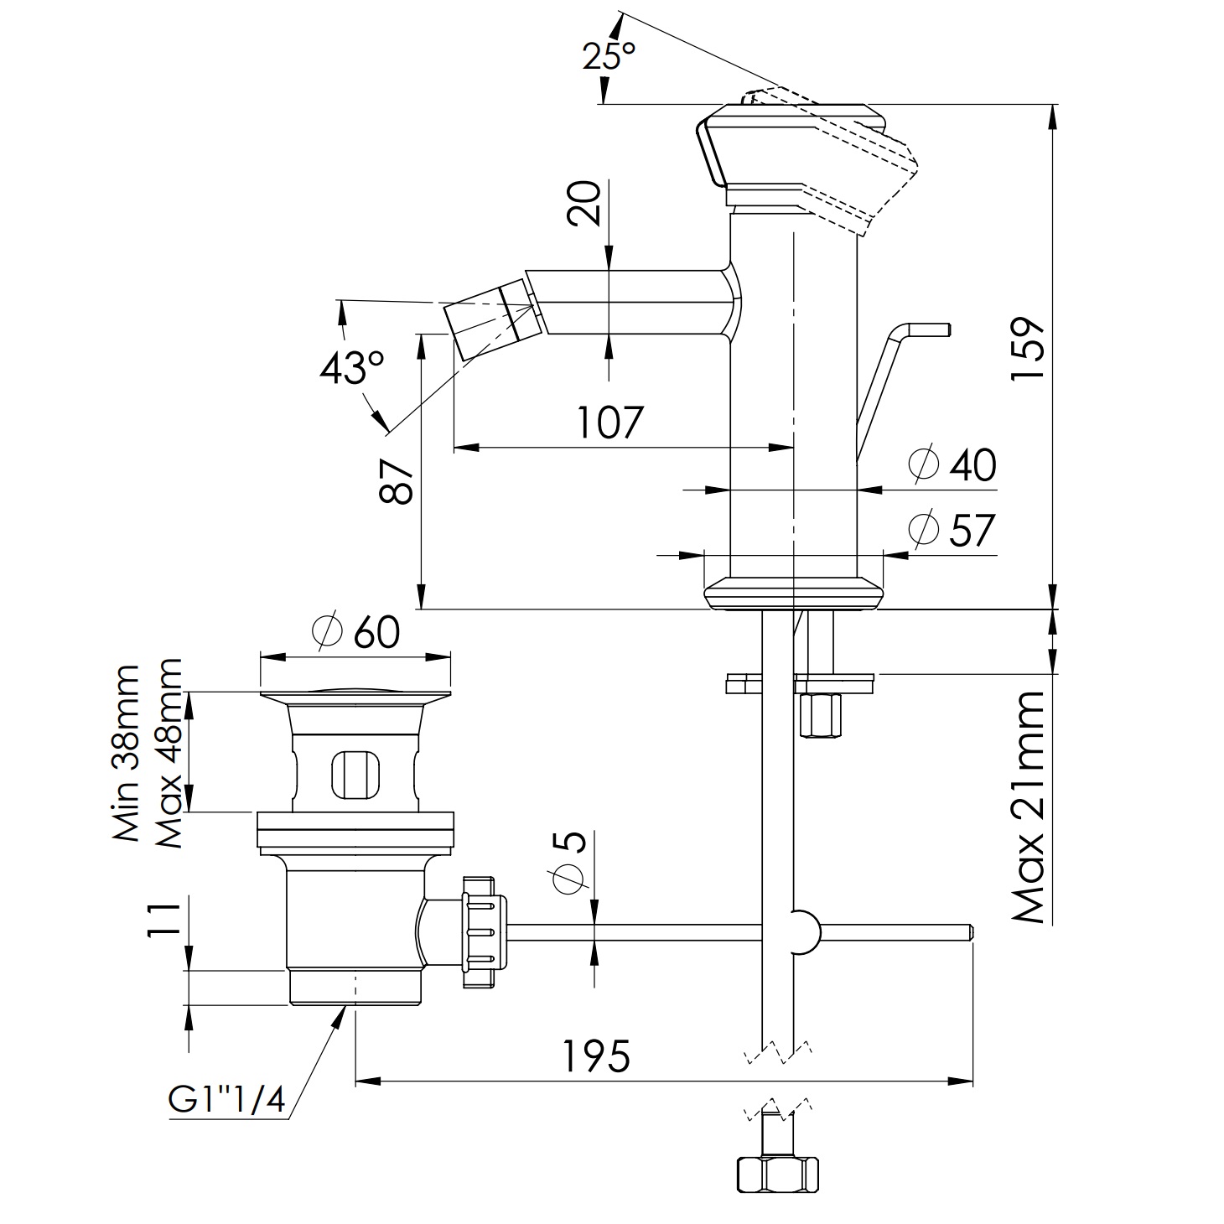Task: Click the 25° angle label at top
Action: (609, 55)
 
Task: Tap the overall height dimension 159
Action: (1027, 348)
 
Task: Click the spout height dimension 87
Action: (397, 481)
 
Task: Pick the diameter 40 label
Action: (954, 465)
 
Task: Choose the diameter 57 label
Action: (953, 530)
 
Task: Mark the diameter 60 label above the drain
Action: (355, 631)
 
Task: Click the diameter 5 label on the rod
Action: (569, 864)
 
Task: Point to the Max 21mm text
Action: (1029, 807)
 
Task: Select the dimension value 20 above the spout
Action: (585, 204)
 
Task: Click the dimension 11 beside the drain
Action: (163, 923)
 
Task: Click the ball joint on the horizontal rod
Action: (803, 931)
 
